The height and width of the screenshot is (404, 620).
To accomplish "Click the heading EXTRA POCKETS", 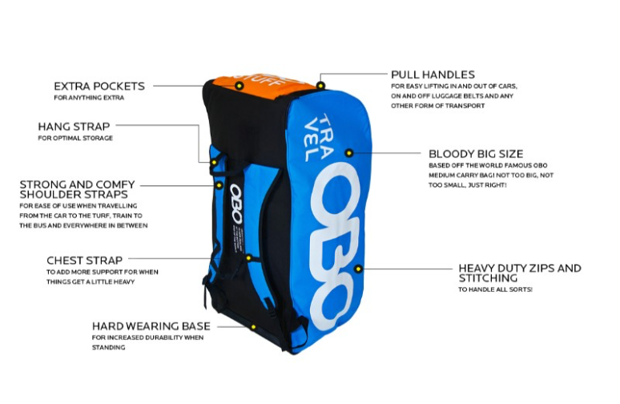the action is tap(99, 86).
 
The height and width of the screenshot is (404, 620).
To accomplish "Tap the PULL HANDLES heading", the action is tap(433, 75).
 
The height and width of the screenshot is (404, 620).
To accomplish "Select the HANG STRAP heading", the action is tap(74, 127).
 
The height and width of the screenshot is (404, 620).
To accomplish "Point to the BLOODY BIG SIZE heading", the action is tap(476, 154).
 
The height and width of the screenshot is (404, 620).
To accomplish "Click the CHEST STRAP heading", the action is tap(85, 261).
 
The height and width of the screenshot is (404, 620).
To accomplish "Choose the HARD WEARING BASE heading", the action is tap(151, 326).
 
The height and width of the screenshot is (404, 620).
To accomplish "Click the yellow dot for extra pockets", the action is tap(239, 86).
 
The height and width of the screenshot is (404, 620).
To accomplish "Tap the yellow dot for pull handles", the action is tap(320, 85).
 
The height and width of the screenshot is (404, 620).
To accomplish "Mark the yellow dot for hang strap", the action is tap(214, 162).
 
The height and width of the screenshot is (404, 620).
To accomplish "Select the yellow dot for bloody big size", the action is tap(348, 153).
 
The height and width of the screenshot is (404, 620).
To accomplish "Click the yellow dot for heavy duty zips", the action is tap(358, 269).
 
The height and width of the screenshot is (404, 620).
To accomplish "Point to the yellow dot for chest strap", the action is tap(248, 258).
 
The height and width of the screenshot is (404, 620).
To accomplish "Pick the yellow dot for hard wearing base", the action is tap(253, 327).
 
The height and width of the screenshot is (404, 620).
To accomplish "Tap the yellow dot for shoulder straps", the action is tap(219, 185).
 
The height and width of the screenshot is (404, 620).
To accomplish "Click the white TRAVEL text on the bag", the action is tap(318, 138).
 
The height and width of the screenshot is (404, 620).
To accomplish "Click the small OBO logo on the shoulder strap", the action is tap(236, 204).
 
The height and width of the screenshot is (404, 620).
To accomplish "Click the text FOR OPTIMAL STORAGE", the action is tap(75, 138).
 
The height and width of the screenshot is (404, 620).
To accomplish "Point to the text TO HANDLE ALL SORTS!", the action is tap(495, 289).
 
